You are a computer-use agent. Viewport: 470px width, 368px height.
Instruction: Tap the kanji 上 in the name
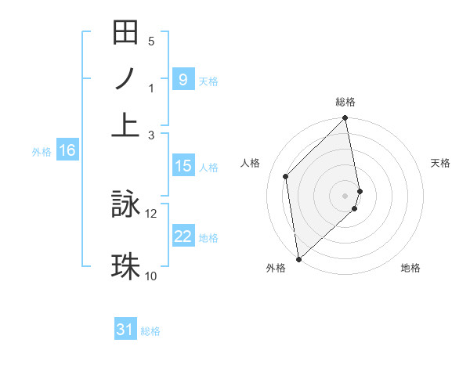(125, 124)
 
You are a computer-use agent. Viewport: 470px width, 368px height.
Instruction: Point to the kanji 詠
(125, 205)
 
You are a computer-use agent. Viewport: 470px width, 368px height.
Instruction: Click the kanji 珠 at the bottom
(125, 265)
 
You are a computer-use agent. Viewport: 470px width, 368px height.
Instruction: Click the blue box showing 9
(183, 80)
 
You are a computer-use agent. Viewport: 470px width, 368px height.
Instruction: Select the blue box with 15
(183, 166)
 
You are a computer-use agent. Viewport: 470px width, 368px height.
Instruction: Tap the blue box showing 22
(183, 236)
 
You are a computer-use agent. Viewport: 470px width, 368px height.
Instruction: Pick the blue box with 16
(67, 151)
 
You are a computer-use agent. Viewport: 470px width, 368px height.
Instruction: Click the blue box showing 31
(125, 330)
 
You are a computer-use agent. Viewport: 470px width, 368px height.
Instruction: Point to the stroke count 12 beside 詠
(151, 213)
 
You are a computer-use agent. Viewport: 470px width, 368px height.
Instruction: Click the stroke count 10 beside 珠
(151, 276)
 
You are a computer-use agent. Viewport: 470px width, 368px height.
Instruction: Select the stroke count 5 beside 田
(151, 41)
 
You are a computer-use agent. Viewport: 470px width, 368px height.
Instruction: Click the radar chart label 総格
(345, 103)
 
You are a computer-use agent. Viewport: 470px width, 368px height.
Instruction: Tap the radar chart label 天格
(441, 163)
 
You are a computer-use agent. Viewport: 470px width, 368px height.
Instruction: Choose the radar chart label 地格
(410, 268)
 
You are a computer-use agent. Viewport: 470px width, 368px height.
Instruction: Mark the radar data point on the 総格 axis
(345, 119)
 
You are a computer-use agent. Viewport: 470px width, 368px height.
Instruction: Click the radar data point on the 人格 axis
(286, 176)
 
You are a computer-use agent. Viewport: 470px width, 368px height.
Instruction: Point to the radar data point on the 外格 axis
(298, 258)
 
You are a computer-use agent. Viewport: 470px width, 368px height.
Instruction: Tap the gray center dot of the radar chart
(345, 195)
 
